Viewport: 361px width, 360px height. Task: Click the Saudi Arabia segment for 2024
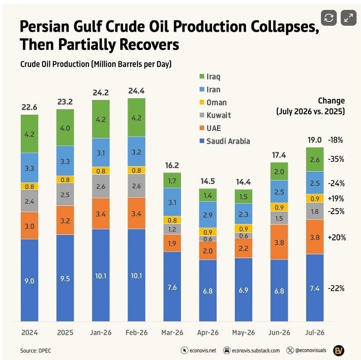pos(30,280)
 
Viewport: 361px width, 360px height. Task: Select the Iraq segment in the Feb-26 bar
pos(136,118)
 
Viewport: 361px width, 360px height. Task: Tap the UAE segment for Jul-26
pos(315,237)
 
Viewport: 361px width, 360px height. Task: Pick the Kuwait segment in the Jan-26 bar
pos(101,186)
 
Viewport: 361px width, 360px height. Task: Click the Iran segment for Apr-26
pos(208,215)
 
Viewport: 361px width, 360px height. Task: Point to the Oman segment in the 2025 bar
pos(65,180)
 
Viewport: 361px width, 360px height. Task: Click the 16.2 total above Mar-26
pos(172,165)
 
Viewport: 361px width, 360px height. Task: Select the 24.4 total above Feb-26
pos(136,91)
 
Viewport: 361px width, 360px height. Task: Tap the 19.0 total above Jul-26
pos(315,140)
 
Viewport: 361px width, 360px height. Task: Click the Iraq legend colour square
pos(202,76)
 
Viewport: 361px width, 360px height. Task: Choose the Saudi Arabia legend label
pos(228,141)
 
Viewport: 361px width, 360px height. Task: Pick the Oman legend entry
pos(213,102)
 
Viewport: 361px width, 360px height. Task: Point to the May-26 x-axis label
pos(244,332)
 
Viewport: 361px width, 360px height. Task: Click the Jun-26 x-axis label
pos(279,332)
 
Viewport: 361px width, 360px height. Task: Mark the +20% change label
pos(337,237)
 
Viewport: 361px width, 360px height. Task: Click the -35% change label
pos(336,159)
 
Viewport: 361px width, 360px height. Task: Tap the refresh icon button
pos(329,18)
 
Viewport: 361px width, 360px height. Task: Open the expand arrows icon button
pos(349,18)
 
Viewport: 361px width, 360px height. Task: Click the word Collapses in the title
pos(285,27)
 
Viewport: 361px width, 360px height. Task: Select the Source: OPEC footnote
pos(36,351)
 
